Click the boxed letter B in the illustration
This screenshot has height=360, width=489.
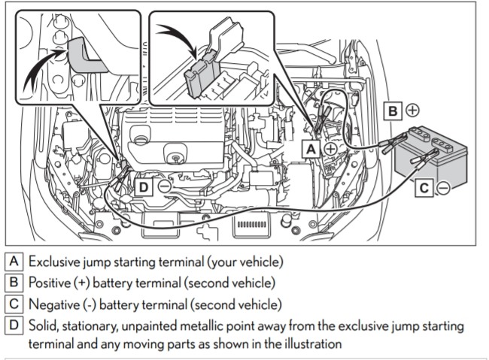pyautogui.click(x=393, y=110)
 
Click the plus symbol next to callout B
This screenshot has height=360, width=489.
pyautogui.click(x=412, y=110)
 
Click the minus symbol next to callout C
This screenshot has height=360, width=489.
pyautogui.click(x=444, y=188)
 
